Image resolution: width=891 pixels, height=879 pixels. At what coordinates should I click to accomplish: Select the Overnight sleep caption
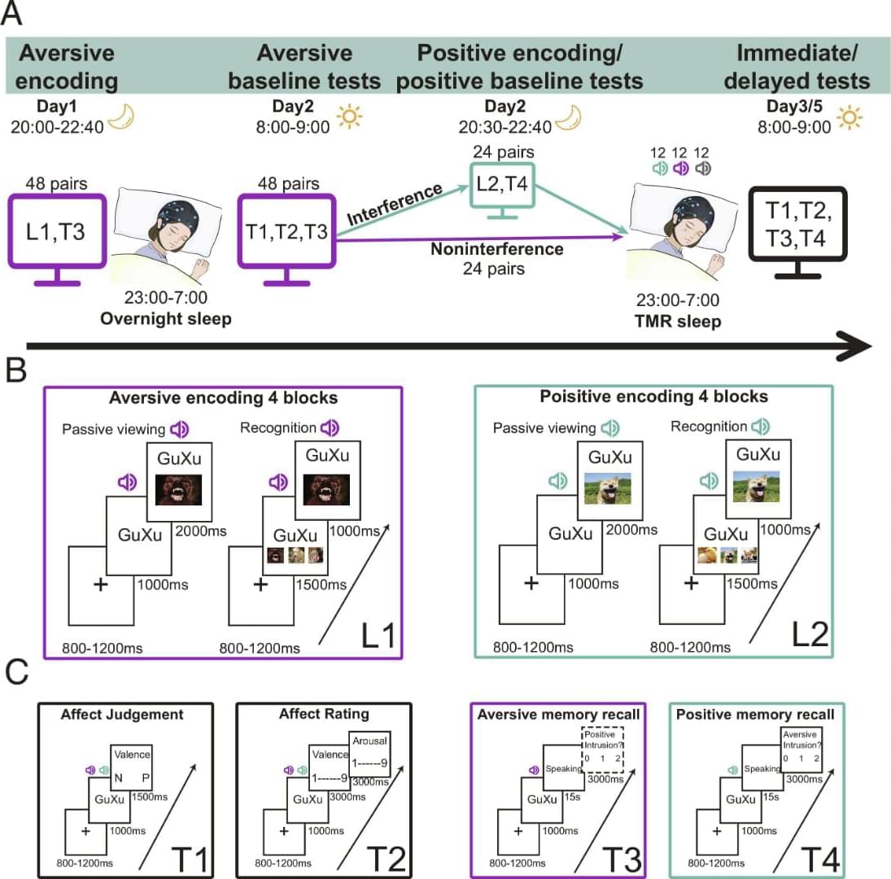[x=165, y=318]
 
